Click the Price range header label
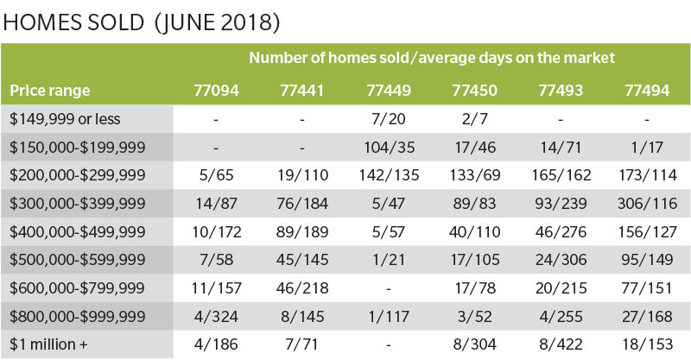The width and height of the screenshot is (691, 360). (x=50, y=90)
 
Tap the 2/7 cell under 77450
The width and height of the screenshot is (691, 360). (x=474, y=118)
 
